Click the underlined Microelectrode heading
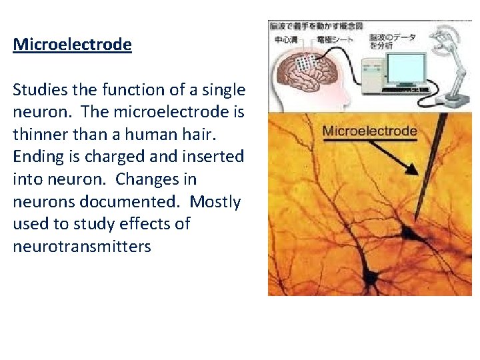pyautogui.click(x=72, y=45)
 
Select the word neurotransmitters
pyautogui.click(x=82, y=247)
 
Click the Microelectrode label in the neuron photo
pyautogui.click(x=369, y=131)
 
